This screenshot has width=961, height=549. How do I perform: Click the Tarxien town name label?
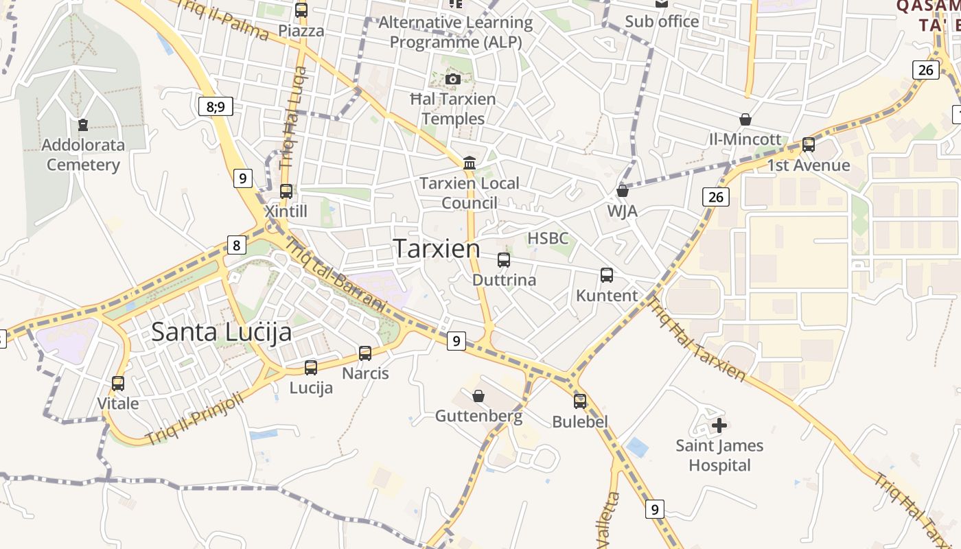pos(437,248)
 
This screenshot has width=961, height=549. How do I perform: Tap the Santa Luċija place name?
pos(221,332)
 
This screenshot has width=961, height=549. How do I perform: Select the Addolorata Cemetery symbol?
pos(83,125)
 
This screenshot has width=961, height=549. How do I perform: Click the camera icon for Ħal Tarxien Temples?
pos(452,79)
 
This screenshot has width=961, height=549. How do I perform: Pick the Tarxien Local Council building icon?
pos(470,163)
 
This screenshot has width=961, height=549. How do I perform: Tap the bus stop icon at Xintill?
pos(286,191)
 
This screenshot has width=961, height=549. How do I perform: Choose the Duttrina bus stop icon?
pos(504,260)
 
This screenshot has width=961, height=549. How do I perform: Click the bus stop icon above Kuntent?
pos(607,275)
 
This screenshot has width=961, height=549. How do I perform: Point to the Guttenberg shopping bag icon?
pos(478,396)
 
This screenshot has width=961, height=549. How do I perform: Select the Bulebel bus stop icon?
pos(580,401)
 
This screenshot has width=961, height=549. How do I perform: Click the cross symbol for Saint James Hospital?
pos(719,425)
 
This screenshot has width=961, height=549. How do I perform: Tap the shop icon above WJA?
pos(623,191)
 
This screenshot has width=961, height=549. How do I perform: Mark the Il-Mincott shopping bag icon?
pos(745,119)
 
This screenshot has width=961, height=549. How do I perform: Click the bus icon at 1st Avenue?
pos(809,145)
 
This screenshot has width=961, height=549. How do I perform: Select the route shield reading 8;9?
pos(216,106)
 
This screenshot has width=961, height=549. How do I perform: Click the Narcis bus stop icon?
pos(365,353)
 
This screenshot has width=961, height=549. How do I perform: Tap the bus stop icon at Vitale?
pos(118,384)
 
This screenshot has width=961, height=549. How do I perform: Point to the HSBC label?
pos(548,238)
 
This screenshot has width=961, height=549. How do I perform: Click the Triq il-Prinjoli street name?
pos(194,418)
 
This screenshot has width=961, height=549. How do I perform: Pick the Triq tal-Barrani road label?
pos(336,274)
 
